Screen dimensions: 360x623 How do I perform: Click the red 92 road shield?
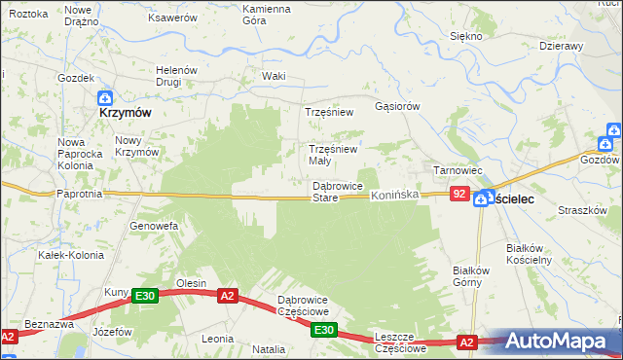(x=460, y=196)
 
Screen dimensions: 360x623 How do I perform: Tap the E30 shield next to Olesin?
(x=145, y=296)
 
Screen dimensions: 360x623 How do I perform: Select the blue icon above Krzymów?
(x=105, y=97)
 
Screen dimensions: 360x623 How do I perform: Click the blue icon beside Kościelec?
(x=482, y=198)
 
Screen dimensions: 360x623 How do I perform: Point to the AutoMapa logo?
(x=559, y=341)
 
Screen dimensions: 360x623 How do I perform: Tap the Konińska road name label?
(x=394, y=196)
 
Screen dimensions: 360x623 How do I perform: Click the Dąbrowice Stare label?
(x=337, y=192)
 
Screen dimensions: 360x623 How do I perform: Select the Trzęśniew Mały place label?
(x=333, y=155)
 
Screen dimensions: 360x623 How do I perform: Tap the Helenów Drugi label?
(x=177, y=76)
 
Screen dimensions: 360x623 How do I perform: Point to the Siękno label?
(x=466, y=36)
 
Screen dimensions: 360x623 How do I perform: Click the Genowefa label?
(x=154, y=226)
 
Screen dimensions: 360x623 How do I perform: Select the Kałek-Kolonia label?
(x=64, y=255)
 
